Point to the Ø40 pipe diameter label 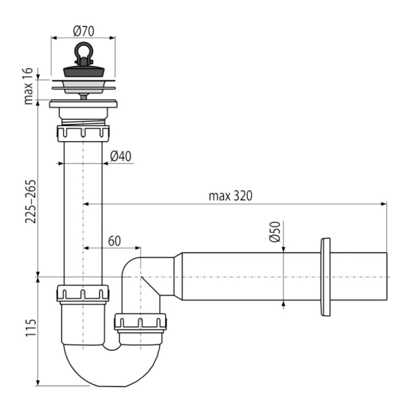coord(120,156)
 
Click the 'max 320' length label coord(231,195)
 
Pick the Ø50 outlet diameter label coord(274,232)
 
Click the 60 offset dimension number coord(114,241)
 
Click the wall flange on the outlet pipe coord(325,277)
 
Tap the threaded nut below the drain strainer coord(83,131)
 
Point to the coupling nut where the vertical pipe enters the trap coord(83,294)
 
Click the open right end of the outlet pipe coord(384,277)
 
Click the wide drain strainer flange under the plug coord(83,85)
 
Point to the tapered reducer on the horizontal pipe coord(178,277)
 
